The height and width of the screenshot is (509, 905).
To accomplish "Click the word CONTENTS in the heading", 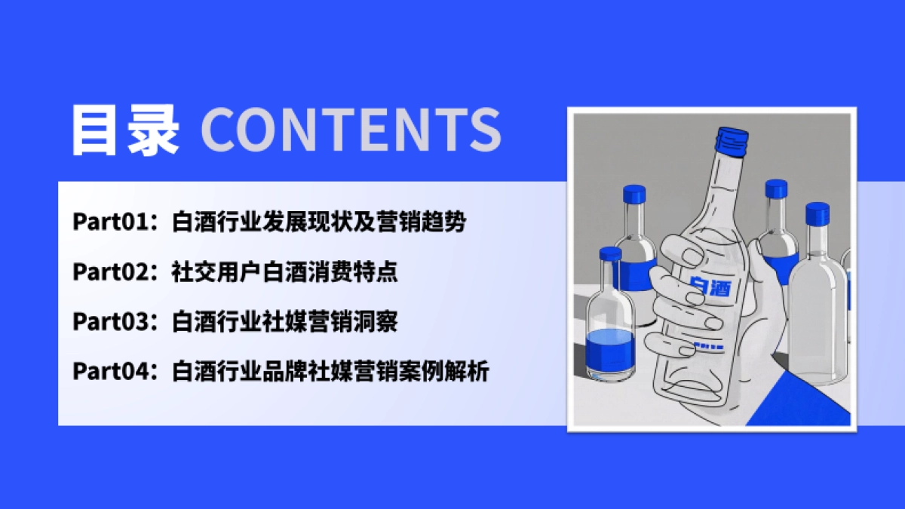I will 351,130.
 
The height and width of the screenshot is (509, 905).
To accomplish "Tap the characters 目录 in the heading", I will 125,130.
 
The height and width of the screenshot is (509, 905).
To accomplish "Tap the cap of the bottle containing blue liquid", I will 609,255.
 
